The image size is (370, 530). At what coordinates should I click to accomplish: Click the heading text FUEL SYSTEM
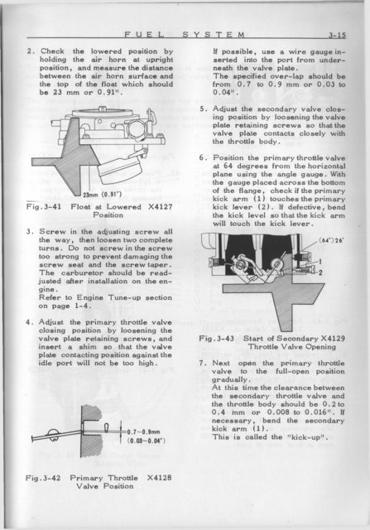185,34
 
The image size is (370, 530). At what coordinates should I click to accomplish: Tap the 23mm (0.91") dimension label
103,195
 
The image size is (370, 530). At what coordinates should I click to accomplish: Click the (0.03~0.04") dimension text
146,441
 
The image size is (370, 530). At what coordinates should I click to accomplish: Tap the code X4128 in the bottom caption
160,478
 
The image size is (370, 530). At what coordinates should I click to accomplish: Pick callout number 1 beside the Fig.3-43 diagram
320,262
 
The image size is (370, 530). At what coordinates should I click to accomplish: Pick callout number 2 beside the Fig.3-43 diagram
320,272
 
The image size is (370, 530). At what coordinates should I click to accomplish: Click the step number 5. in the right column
203,109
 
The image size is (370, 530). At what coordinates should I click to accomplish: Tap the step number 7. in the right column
203,364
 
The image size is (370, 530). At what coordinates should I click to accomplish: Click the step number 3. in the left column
30,232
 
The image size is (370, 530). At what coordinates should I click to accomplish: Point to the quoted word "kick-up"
311,436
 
